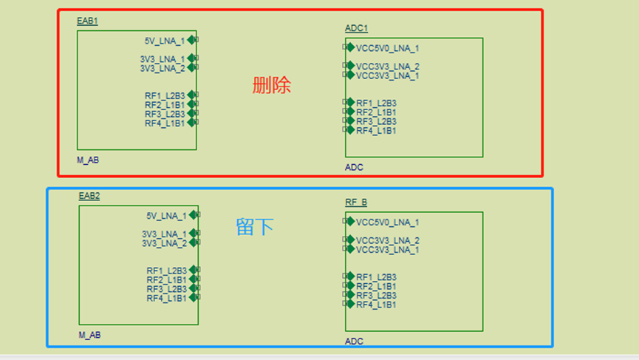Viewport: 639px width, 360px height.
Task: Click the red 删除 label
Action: click(x=272, y=86)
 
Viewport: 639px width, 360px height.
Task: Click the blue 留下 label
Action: click(x=255, y=227)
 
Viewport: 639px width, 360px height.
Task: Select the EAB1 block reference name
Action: click(x=87, y=21)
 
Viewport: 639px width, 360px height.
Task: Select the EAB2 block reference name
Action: click(x=89, y=196)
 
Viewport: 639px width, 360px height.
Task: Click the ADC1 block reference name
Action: click(x=356, y=28)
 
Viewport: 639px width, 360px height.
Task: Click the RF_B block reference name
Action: click(x=356, y=203)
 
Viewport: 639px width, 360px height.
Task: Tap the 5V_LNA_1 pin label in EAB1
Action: click(x=165, y=41)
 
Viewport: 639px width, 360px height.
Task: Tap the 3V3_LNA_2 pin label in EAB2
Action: click(x=164, y=243)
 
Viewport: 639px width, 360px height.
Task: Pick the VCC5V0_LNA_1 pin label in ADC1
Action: click(x=387, y=48)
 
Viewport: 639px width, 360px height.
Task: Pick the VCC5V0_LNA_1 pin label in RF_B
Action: click(x=387, y=222)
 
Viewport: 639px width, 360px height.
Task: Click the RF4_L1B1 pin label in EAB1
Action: click(x=165, y=123)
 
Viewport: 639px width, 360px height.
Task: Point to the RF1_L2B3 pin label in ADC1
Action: click(x=376, y=103)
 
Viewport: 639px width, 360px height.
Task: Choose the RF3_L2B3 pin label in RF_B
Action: click(x=376, y=295)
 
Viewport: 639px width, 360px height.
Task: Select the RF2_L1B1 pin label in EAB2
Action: click(x=166, y=279)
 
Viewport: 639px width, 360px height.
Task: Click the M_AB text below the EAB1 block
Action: click(x=87, y=160)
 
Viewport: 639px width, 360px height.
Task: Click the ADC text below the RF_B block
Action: click(x=354, y=342)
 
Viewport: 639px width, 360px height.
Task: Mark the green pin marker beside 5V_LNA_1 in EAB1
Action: click(x=192, y=40)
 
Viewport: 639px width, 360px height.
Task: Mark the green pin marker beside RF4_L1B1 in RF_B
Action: click(x=351, y=304)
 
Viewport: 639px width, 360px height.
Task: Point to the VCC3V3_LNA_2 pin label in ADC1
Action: click(x=387, y=67)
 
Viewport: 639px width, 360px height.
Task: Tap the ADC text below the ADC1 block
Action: click(x=354, y=168)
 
